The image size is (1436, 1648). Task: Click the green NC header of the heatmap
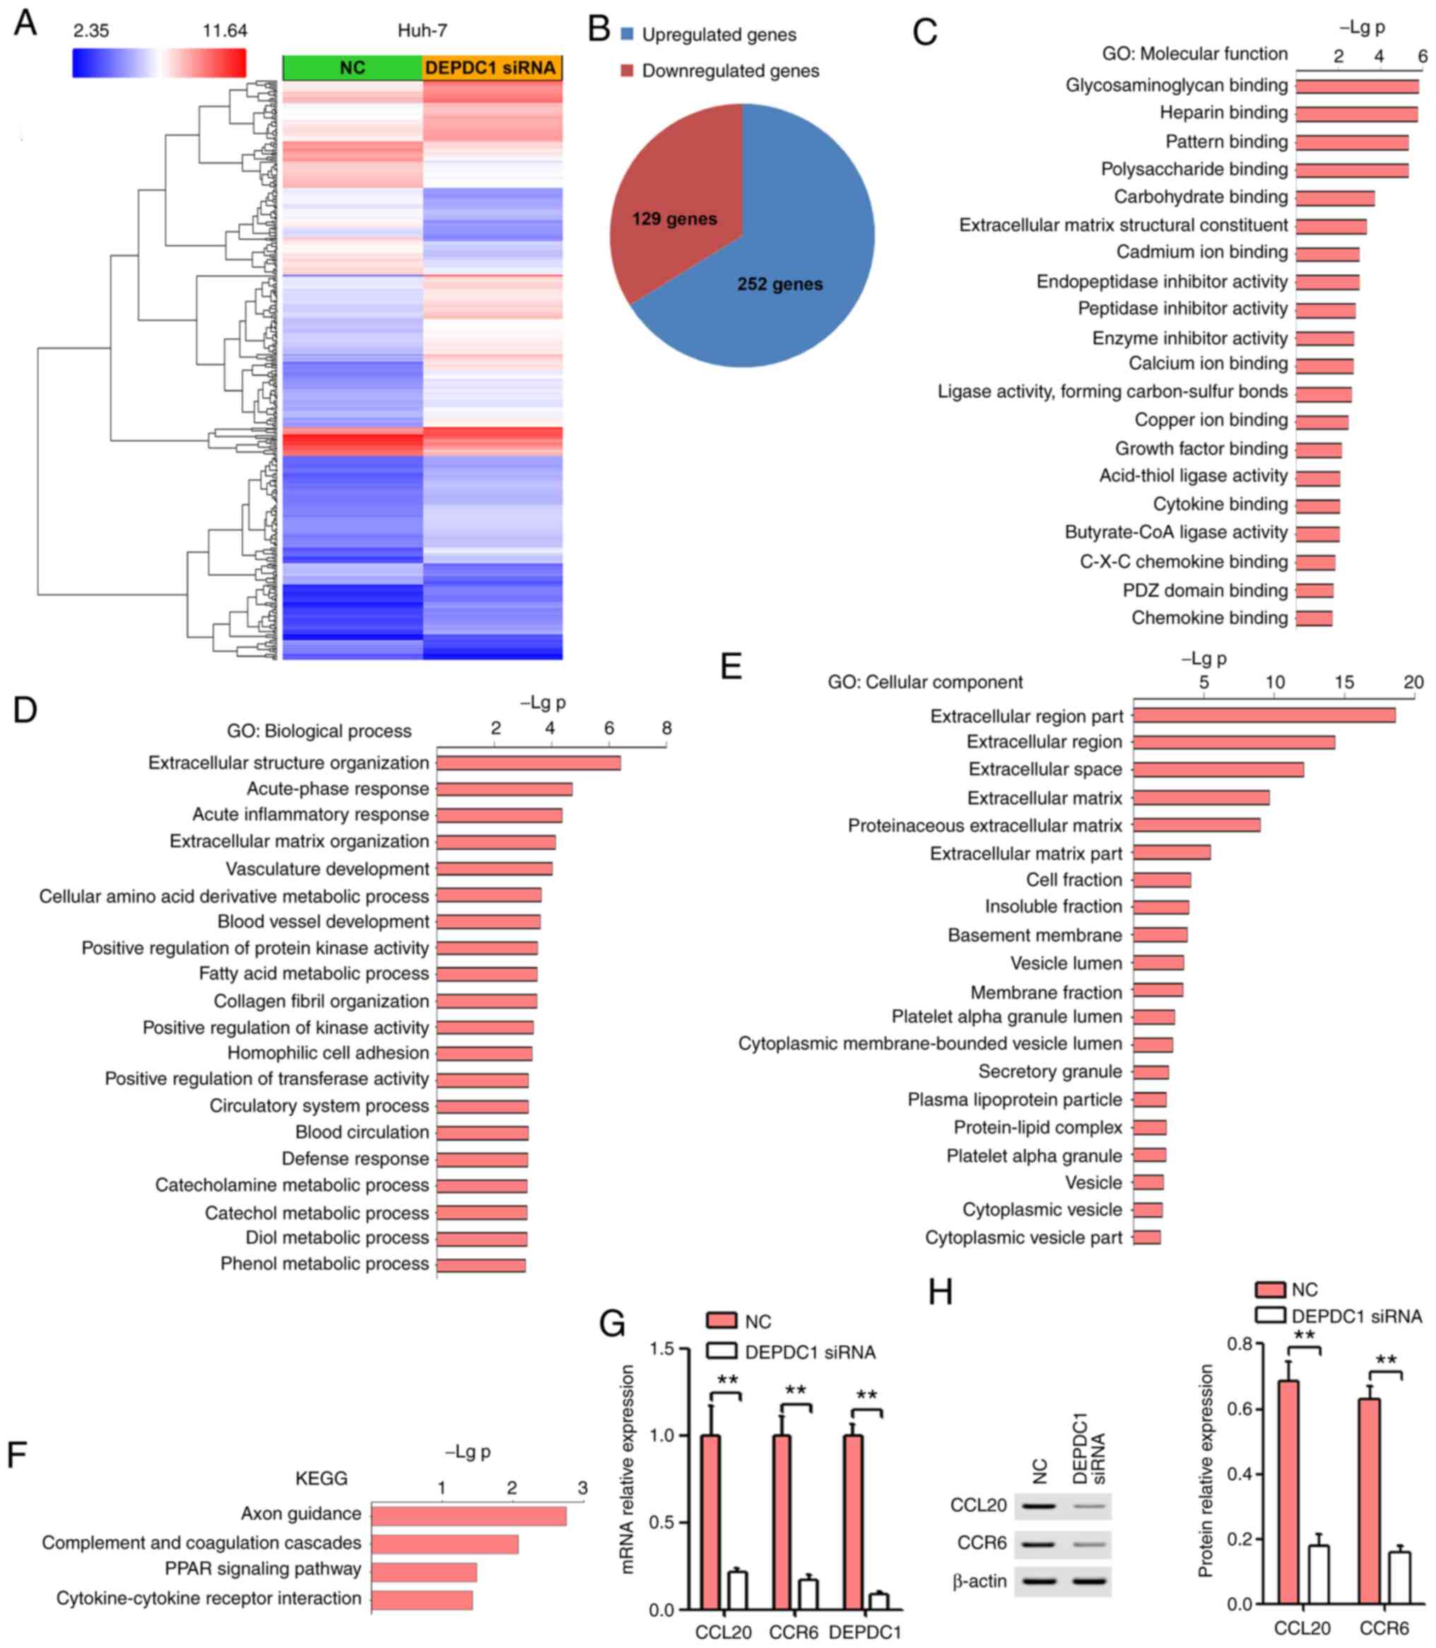[x=353, y=68]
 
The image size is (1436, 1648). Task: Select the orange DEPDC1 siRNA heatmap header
[x=491, y=68]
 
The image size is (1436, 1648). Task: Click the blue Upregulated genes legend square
[x=628, y=35]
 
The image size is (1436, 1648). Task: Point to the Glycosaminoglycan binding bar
[x=1357, y=86]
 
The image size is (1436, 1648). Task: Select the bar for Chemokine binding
[x=1314, y=618]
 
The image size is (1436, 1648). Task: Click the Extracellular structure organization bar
[x=528, y=763]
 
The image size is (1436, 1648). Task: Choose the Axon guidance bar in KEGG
[x=468, y=1517]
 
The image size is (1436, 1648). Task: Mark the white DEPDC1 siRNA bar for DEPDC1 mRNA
[x=879, y=1601]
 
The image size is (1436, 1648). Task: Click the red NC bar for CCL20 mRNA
[x=710, y=1521]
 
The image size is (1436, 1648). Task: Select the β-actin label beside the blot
[x=979, y=1581]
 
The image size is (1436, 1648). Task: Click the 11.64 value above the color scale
[x=225, y=31]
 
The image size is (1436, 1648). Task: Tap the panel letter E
[x=731, y=666]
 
